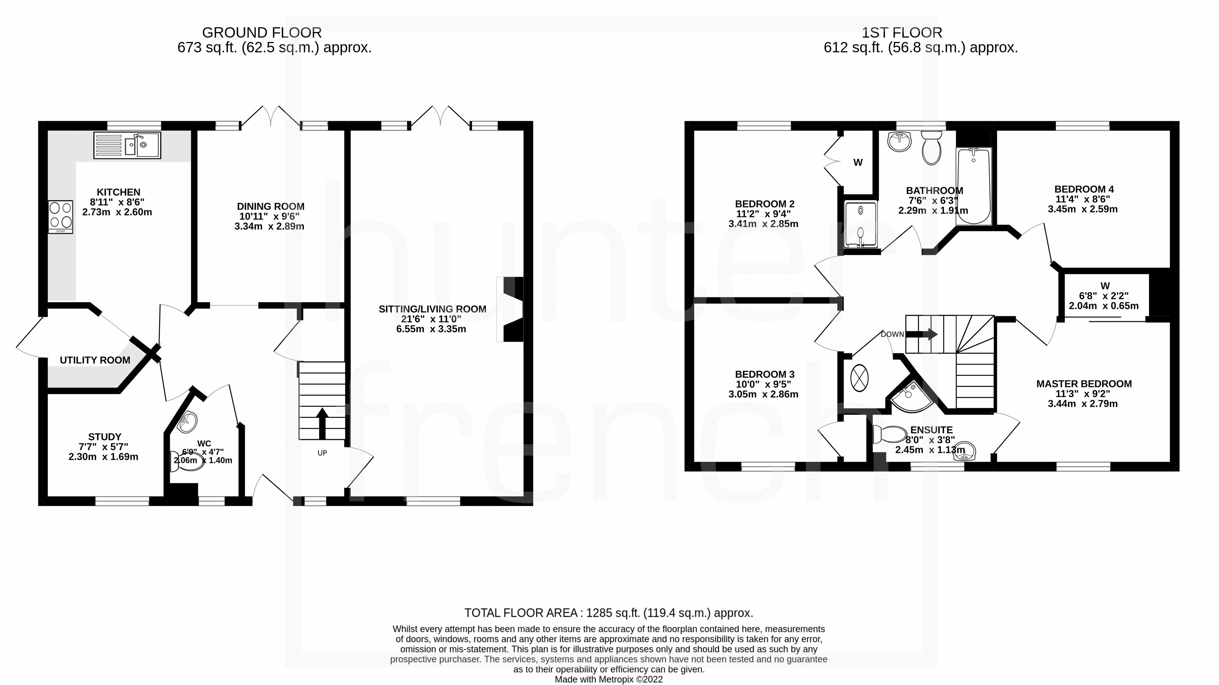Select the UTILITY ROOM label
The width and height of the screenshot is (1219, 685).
click(95, 360)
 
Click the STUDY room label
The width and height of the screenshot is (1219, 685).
click(105, 437)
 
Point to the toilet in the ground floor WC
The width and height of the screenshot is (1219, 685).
click(187, 461)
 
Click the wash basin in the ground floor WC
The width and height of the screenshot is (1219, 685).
click(188, 422)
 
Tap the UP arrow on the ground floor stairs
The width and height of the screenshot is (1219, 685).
click(322, 423)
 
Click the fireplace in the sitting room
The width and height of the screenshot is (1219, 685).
click(510, 309)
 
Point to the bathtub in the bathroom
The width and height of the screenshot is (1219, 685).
click(973, 186)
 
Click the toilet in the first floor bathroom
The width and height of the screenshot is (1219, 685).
click(932, 147)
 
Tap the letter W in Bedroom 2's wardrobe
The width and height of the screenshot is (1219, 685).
click(858, 162)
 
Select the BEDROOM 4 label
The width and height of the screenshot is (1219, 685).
click(1084, 189)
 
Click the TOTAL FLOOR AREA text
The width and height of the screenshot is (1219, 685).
click(608, 613)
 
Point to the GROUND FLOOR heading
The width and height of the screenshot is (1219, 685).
click(262, 33)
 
